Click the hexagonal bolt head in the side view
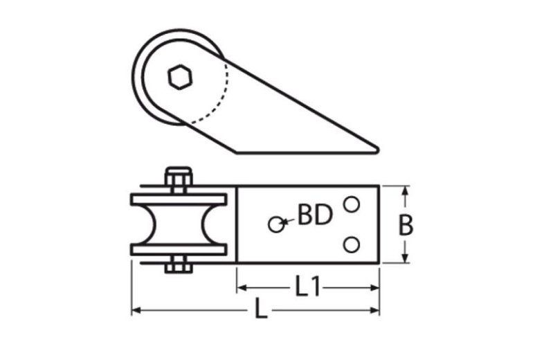[x=179, y=75]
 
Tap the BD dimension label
[x=314, y=215]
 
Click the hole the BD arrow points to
[x=276, y=224]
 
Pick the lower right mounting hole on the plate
[x=352, y=244]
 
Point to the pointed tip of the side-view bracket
[x=376, y=148]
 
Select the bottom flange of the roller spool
[x=178, y=249]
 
